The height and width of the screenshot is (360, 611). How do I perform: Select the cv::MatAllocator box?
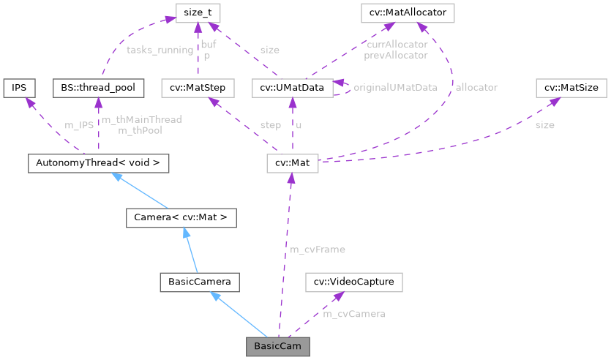pos(408,12)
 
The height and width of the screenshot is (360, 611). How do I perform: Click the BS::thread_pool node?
pos(97,88)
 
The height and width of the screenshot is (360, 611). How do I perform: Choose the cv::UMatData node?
pos(292,88)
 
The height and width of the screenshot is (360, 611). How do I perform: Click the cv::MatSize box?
pos(571,88)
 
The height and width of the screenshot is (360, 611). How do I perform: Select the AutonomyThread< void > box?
pos(97,163)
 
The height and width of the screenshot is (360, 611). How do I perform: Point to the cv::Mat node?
pos(292,163)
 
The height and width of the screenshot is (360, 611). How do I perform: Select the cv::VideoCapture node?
pos(353,281)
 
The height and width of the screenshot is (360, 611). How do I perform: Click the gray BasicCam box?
pos(277,345)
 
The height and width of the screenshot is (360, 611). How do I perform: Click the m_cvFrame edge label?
pos(318,250)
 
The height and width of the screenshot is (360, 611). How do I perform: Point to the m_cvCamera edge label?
pos(354,313)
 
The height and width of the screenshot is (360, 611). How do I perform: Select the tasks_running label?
pos(160,50)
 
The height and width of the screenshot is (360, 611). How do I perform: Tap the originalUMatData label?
pos(395,87)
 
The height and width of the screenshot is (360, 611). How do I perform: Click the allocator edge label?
pos(476,87)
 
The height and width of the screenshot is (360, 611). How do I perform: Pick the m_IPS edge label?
pos(80,125)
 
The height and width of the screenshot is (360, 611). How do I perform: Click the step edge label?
pos(270,125)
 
